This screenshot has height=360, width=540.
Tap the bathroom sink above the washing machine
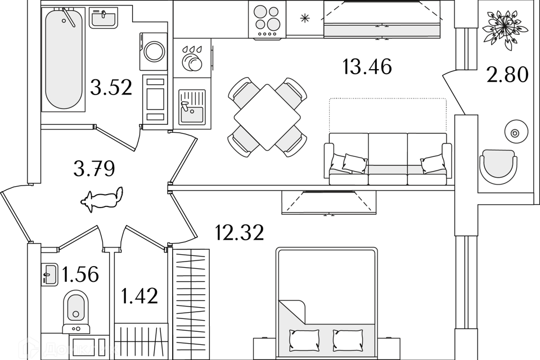click(103, 17)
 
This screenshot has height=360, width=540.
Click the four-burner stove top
click(267, 19)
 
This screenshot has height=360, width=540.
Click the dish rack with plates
click(192, 58)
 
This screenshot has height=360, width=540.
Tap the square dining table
click(267, 117)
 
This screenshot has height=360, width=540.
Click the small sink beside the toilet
click(49, 274)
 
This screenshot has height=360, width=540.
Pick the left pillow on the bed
click(304, 340)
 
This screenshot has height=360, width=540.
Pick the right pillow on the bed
click(347, 340)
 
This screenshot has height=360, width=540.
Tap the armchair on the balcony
click(498, 166)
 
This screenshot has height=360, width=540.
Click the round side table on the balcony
click(516, 133)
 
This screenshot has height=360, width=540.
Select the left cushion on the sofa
click(355, 163)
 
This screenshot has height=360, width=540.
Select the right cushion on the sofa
click(433, 164)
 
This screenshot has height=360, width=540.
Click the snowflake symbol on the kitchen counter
click(305, 18)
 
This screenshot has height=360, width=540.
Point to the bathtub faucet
click(69, 17)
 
